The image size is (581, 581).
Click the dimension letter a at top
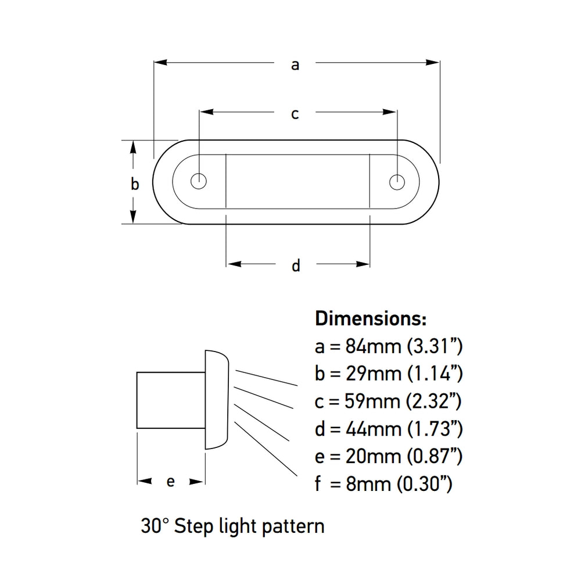tap(295, 65)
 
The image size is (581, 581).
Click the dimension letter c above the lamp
tap(295, 114)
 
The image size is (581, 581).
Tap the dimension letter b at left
tap(134, 185)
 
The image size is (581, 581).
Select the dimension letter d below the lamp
tap(296, 266)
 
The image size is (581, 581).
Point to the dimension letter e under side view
tap(171, 482)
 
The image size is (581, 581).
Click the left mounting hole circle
tap(199, 181)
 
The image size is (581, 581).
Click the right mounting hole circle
tap(397, 181)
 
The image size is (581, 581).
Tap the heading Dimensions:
tap(371, 318)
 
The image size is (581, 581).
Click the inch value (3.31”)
tap(434, 347)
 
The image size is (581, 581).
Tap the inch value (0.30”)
tap(425, 483)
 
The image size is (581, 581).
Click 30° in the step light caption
tap(155, 526)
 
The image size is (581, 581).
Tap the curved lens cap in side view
tap(217, 400)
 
